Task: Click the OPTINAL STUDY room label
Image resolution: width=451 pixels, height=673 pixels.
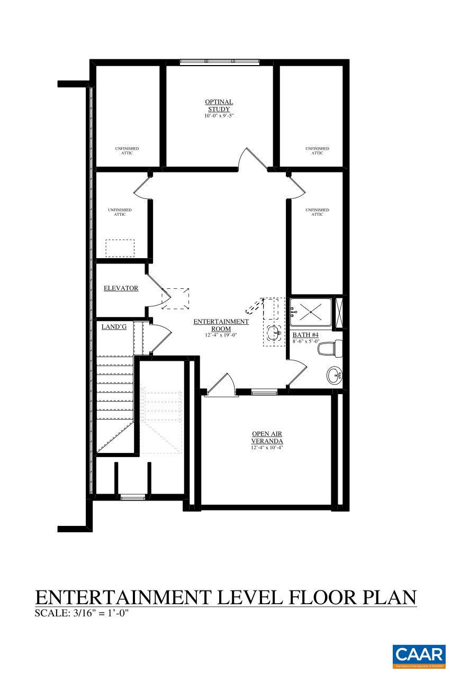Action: (x=219, y=105)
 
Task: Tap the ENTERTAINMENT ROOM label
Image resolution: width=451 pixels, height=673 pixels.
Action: (x=221, y=325)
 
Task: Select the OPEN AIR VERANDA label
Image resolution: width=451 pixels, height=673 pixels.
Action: (x=267, y=438)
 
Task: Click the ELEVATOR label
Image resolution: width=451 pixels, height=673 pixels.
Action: (x=121, y=288)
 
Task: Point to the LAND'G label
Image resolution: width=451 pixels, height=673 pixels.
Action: (x=114, y=327)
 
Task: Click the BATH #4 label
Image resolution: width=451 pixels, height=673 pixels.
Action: (x=305, y=335)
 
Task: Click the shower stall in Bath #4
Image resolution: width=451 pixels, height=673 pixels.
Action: (x=310, y=313)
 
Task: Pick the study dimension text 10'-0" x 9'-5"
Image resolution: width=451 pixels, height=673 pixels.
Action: (x=219, y=115)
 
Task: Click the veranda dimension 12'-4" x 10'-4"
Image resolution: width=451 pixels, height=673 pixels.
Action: (x=267, y=448)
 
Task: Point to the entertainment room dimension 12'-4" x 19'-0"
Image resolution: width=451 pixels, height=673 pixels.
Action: (x=221, y=335)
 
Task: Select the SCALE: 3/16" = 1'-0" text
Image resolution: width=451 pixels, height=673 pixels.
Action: (x=82, y=614)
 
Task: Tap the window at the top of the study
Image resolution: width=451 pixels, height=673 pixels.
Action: (x=219, y=62)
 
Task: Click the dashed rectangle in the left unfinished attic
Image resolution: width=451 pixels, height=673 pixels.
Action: (x=120, y=248)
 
